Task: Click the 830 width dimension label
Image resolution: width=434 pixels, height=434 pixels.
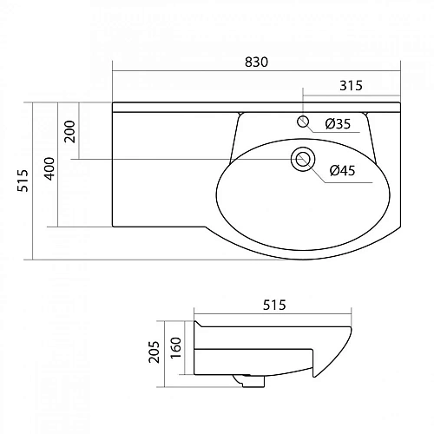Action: [x=256, y=62]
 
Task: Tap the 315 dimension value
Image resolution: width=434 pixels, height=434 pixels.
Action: [x=351, y=86]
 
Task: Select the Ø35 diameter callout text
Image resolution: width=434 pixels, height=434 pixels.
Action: [x=338, y=124]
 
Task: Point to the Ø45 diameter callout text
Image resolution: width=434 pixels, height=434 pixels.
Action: [x=342, y=170]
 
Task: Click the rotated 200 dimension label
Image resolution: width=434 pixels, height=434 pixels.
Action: [x=69, y=131]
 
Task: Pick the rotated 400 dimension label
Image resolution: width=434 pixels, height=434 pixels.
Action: [x=49, y=168]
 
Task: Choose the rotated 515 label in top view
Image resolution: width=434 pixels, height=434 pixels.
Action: [x=23, y=181]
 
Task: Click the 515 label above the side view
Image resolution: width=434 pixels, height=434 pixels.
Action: [x=274, y=305]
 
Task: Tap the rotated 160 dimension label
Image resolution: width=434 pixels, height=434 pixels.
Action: [x=175, y=348]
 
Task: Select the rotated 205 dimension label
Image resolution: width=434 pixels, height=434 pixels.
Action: [x=154, y=352]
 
